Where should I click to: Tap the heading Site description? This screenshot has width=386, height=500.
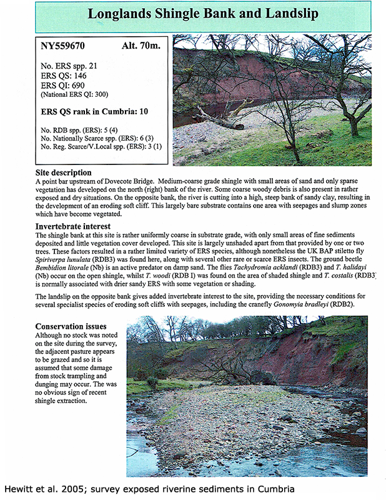64,172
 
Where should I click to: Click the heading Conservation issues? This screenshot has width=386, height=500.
71,326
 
